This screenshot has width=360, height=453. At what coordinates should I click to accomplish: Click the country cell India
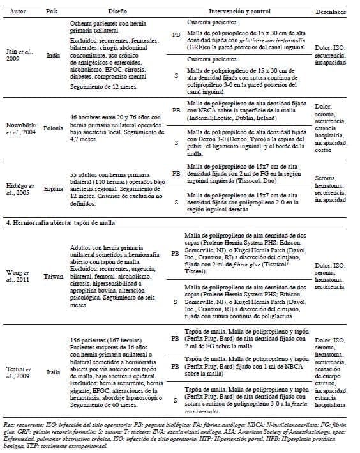pyautogui.click(x=54, y=55)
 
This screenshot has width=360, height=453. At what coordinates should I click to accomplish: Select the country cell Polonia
pyautogui.click(x=54, y=127)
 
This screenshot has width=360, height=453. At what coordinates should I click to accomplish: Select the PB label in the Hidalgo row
pyautogui.click(x=176, y=173)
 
